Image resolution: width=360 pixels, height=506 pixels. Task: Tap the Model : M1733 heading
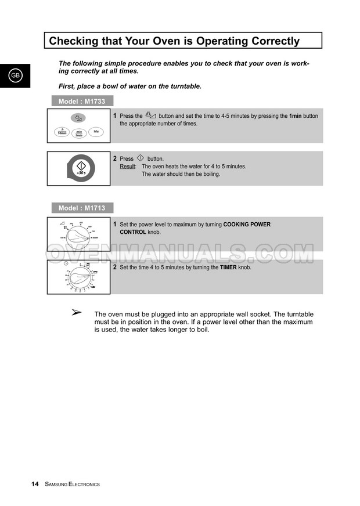pyautogui.click(x=82, y=102)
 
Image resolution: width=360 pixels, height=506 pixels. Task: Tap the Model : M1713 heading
pyautogui.click(x=82, y=208)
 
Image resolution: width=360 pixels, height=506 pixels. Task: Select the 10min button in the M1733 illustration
pyautogui.click(x=62, y=131)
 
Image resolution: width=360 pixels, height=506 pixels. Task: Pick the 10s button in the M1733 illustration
pyautogui.click(x=95, y=131)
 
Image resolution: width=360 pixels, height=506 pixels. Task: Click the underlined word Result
pyautogui.click(x=127, y=166)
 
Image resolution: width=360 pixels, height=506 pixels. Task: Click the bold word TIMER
pyautogui.click(x=228, y=268)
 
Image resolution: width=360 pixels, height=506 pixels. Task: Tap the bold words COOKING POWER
pyautogui.click(x=247, y=225)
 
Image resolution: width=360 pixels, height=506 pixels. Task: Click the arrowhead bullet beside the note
pyautogui.click(x=75, y=313)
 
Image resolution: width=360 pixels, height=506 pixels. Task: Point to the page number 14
pyautogui.click(x=35, y=484)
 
